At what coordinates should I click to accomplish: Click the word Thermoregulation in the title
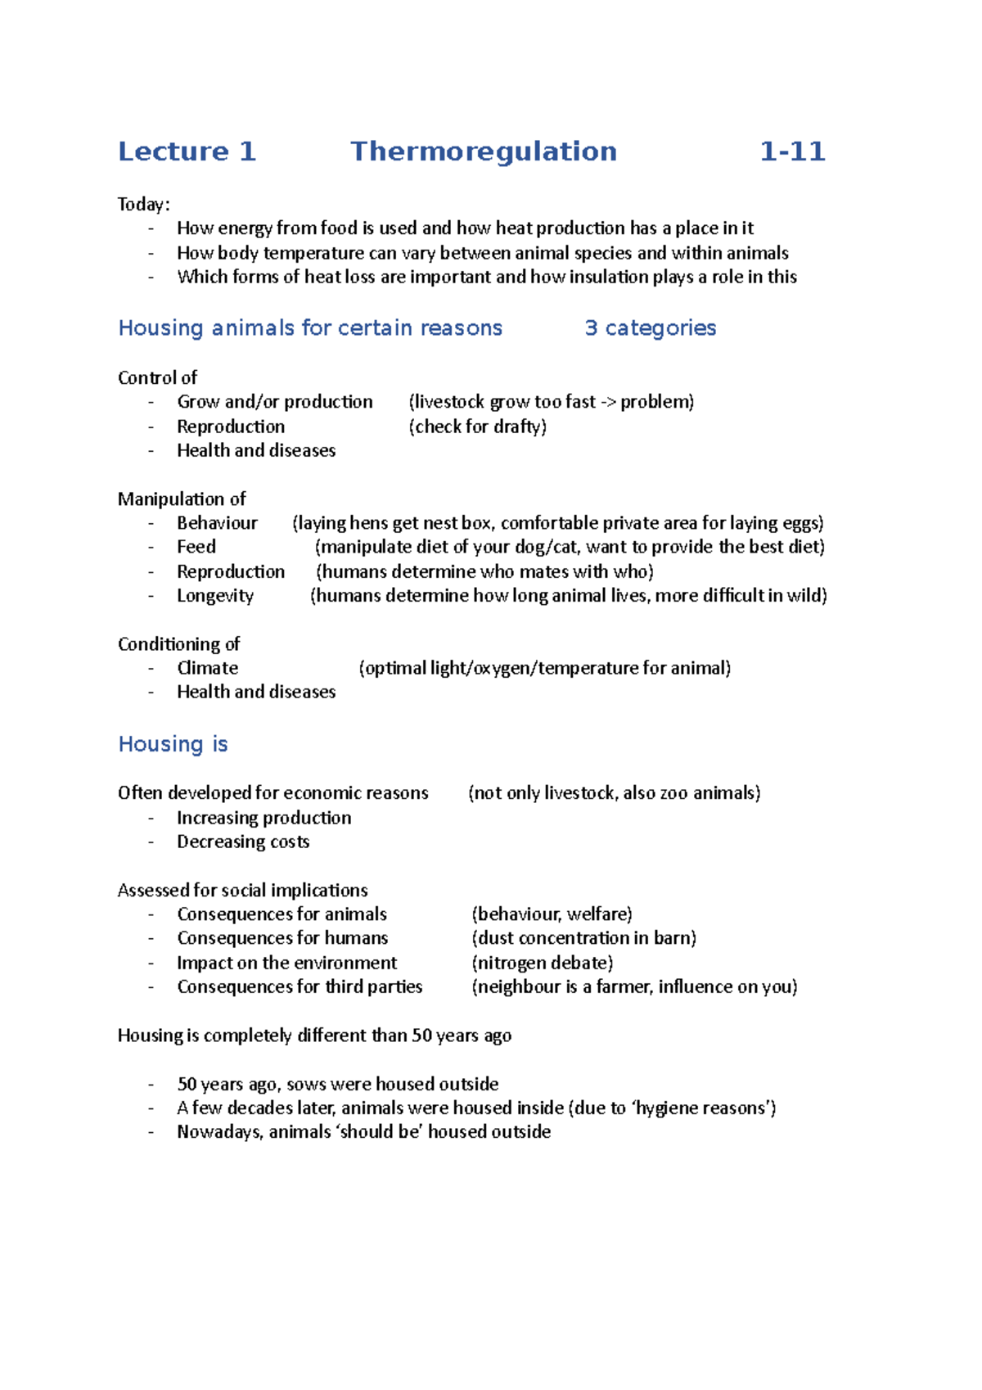coord(483,151)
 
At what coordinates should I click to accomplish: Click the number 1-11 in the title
coord(791,151)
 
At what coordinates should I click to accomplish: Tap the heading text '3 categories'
coord(650,328)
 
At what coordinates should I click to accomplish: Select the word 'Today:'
coord(143,204)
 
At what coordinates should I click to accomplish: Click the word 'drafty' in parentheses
coord(519,426)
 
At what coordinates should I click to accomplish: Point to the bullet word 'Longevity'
coord(215,596)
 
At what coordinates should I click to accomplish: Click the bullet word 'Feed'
coord(196,547)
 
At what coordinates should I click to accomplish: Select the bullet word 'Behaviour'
coord(217,523)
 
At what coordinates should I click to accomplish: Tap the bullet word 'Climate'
coord(207,668)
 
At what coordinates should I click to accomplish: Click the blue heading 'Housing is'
coord(173,744)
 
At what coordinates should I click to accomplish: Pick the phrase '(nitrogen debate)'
coord(542,963)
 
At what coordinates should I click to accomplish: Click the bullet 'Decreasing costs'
coord(243,842)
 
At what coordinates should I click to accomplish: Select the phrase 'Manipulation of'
coord(182,499)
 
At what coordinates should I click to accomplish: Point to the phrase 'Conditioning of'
coord(178,644)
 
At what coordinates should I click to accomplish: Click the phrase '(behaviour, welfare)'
coord(552,914)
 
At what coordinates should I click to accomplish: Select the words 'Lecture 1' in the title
coord(187,151)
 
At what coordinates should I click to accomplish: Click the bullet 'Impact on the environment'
coord(286,963)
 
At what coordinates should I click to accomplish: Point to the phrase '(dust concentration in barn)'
coord(583,938)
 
